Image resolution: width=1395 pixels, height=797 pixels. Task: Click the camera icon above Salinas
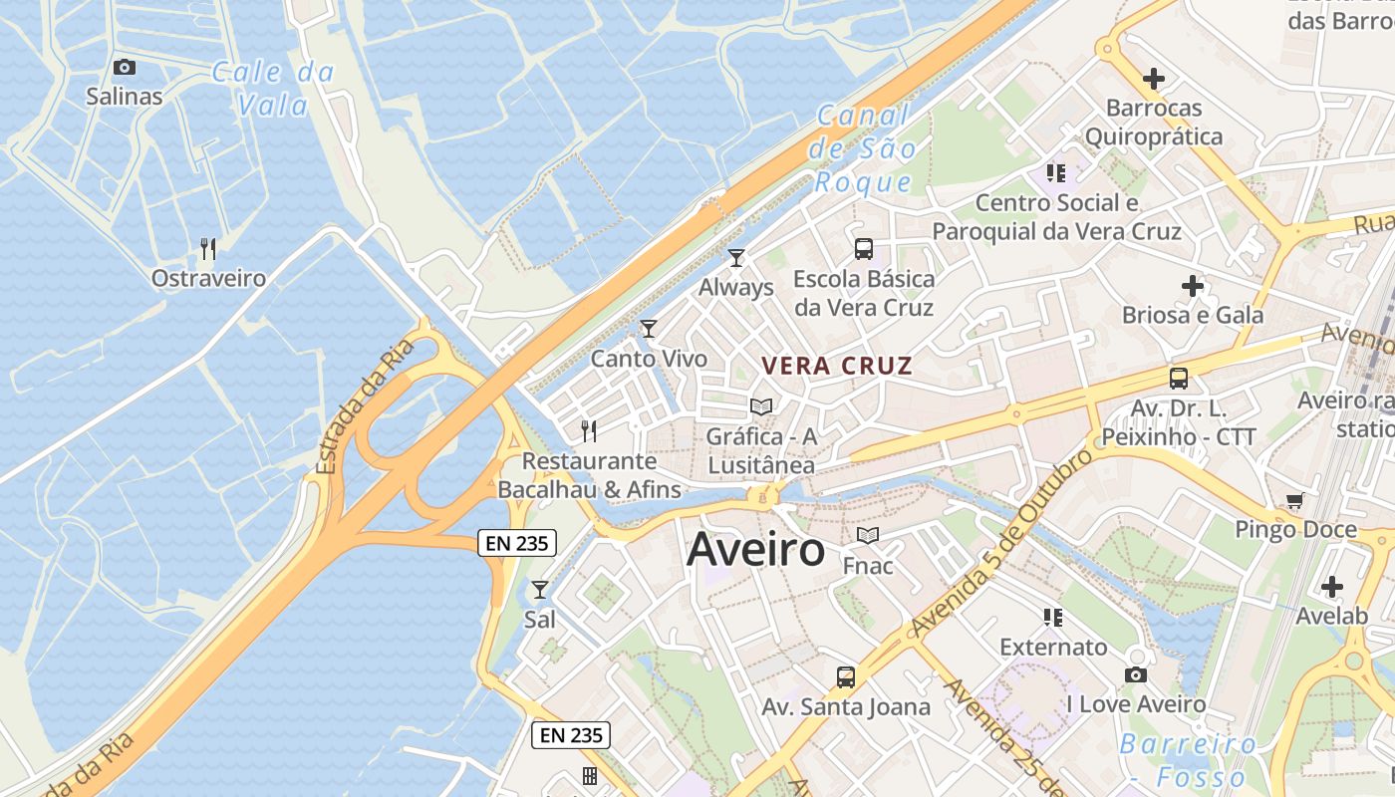(125, 68)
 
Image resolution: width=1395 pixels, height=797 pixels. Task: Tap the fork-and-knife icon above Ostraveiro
(208, 248)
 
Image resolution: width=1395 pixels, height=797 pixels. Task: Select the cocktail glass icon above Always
(736, 258)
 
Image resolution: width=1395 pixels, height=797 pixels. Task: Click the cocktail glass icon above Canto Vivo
(649, 329)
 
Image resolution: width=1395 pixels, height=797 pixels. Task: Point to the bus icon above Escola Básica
(864, 249)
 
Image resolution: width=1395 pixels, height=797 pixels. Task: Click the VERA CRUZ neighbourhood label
(837, 366)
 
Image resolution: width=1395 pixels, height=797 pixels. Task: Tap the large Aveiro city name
(755, 550)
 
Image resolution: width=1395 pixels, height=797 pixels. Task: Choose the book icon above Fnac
(868, 536)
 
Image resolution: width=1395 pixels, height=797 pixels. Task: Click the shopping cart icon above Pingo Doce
(1294, 501)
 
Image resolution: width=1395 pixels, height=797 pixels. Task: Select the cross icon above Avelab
(1331, 587)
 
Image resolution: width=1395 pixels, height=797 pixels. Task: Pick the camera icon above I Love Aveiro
(1135, 675)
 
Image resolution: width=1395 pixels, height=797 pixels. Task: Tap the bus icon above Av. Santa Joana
(846, 677)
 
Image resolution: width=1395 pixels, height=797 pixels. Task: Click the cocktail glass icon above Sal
(539, 590)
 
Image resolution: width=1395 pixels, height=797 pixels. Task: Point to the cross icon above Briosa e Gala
(1193, 287)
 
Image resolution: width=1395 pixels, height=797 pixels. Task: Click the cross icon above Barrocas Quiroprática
(1153, 78)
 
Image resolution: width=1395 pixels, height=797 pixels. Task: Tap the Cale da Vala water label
(273, 88)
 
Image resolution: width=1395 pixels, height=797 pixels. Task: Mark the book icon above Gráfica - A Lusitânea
(761, 406)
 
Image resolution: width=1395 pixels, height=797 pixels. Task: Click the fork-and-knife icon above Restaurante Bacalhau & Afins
(589, 431)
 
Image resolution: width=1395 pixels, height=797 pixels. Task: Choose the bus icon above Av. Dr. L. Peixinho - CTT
(1179, 379)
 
